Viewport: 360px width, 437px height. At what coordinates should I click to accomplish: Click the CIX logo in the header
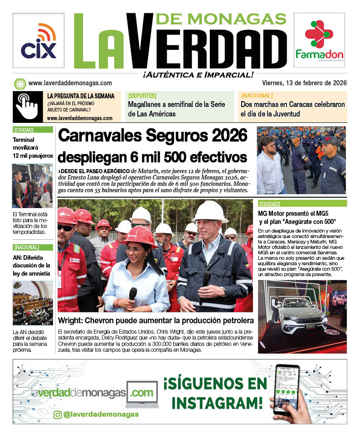pos(39,41)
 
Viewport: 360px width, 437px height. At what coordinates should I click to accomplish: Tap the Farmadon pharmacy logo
pos(319,40)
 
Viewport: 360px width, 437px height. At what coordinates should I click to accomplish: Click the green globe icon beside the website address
pos(20,83)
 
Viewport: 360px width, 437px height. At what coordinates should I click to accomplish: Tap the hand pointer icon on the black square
pos(28,107)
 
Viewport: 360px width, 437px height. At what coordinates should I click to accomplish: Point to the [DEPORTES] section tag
pos(142,96)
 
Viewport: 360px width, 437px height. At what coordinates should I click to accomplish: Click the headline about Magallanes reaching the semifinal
pos(176,109)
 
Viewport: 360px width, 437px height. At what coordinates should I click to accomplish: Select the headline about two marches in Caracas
pos(292,109)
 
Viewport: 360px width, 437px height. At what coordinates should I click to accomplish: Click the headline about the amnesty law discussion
pos(32,265)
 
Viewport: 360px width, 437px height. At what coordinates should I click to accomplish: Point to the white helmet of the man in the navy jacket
pos(210,210)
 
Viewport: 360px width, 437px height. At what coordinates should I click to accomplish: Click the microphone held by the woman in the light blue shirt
pos(132,294)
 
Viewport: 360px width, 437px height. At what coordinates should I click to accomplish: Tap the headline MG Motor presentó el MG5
pos(297,217)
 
